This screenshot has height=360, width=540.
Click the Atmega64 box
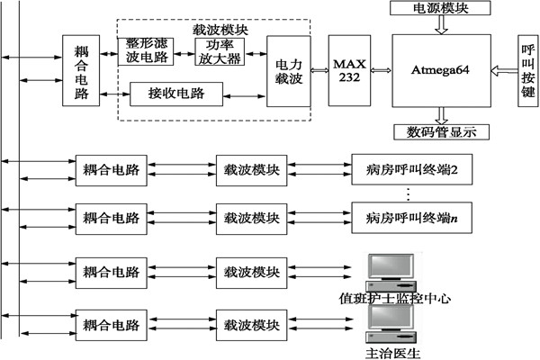(440, 69)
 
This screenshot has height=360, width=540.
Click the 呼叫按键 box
(528, 70)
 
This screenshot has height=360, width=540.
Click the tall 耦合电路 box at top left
(81, 69)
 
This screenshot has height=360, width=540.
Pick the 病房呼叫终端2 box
(413, 168)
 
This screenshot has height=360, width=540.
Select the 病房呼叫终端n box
(413, 218)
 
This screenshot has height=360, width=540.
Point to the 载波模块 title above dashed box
(220, 28)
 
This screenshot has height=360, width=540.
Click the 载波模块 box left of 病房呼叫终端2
(252, 168)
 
